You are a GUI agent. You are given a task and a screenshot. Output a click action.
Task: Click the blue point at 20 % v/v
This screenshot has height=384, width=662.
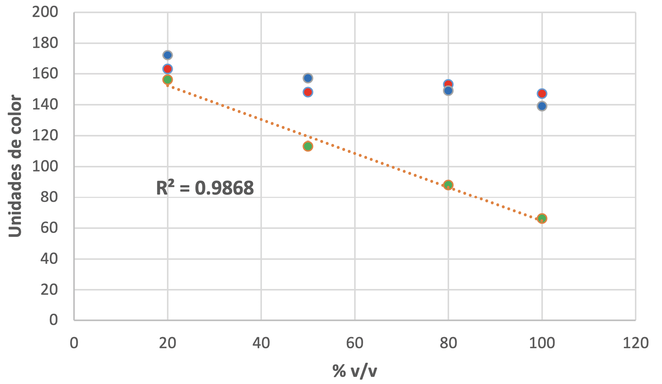pyautogui.click(x=167, y=55)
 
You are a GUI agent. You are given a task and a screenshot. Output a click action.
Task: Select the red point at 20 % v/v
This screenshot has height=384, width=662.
pyautogui.click(x=167, y=69)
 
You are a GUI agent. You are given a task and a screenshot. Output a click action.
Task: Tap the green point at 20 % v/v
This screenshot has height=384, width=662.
pyautogui.click(x=167, y=80)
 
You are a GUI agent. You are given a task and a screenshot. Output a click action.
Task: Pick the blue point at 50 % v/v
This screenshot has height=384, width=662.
pyautogui.click(x=308, y=78)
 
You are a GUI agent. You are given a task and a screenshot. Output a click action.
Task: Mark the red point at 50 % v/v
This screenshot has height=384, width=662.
pyautogui.click(x=308, y=92)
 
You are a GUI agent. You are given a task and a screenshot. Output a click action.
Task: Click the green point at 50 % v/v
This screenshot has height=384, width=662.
pyautogui.click(x=308, y=146)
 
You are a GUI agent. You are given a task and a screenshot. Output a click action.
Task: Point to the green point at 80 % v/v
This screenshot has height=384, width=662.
pyautogui.click(x=448, y=185)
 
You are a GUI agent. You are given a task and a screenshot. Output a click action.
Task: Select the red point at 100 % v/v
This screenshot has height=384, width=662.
pyautogui.click(x=542, y=94)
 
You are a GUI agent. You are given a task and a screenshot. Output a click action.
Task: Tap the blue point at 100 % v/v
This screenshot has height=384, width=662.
pyautogui.click(x=542, y=106)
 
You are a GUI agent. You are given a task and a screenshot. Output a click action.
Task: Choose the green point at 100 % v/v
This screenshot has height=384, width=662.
pyautogui.click(x=542, y=218)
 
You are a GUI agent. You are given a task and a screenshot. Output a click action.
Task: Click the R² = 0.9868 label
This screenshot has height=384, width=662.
pyautogui.click(x=205, y=188)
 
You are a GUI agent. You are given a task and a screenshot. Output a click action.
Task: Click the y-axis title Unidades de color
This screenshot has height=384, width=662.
pyautogui.click(x=15, y=166)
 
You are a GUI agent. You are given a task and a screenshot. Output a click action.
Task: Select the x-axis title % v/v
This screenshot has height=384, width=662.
pyautogui.click(x=355, y=371)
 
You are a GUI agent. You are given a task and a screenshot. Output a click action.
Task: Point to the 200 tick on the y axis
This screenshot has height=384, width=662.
pyautogui.click(x=45, y=12)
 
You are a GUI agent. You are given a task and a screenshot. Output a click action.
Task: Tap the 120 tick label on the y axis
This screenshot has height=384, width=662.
pyautogui.click(x=45, y=135)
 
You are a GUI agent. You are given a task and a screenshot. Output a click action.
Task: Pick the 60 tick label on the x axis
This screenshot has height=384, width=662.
pyautogui.click(x=355, y=343)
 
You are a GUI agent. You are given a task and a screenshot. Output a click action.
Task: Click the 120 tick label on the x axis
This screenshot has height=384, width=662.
pyautogui.click(x=636, y=343)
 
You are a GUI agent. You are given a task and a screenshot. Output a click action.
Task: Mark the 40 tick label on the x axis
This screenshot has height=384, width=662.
pyautogui.click(x=261, y=343)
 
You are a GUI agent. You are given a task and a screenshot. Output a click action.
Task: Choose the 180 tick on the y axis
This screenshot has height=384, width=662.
pyautogui.click(x=45, y=43)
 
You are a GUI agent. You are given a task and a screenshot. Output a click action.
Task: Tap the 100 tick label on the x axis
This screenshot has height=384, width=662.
pyautogui.click(x=542, y=343)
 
